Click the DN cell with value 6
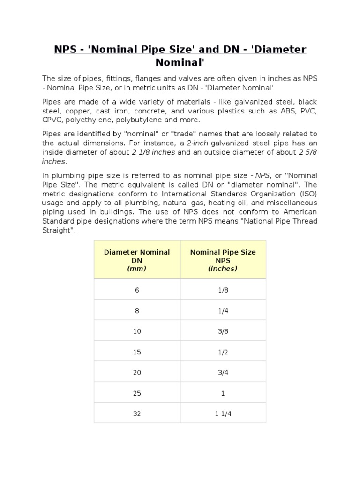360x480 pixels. (x=137, y=290)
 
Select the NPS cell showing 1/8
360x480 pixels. (x=223, y=290)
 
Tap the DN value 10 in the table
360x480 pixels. (x=137, y=331)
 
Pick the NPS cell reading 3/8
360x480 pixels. (x=223, y=331)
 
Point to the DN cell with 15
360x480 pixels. (x=137, y=352)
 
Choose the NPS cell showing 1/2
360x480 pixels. (x=223, y=352)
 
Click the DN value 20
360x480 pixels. (x=137, y=373)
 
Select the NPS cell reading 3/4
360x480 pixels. (x=223, y=373)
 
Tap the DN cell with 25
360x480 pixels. (x=137, y=393)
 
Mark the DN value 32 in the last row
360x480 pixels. (x=137, y=414)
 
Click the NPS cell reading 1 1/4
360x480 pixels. (x=223, y=414)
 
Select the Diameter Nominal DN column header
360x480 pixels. (x=137, y=260)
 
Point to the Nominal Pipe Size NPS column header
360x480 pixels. (x=223, y=260)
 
